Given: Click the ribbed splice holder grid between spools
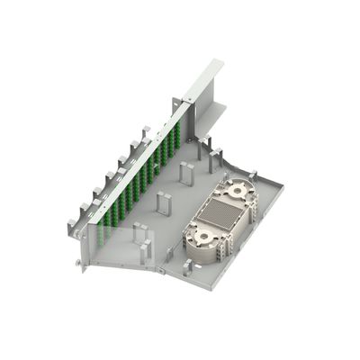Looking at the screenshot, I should click(x=221, y=216).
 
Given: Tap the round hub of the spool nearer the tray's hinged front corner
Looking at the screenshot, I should click(x=201, y=239).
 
